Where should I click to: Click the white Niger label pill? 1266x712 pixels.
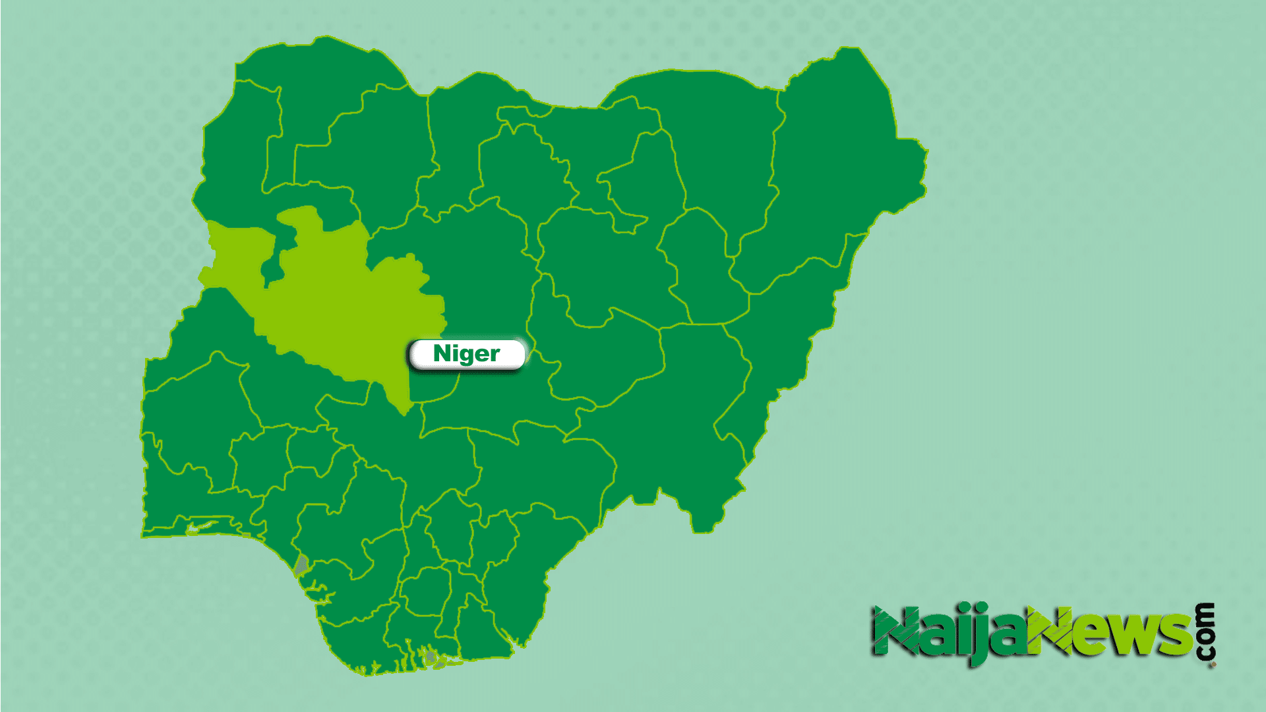tap(467, 354)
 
